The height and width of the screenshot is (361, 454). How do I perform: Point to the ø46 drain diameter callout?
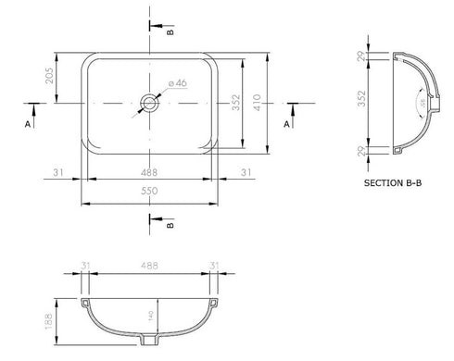176,83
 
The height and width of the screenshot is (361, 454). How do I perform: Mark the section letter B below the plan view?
170,224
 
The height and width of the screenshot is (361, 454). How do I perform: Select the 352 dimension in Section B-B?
363,102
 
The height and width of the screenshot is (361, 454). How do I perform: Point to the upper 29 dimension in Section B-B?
363,57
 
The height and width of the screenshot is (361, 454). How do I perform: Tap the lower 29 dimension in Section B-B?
363,148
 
